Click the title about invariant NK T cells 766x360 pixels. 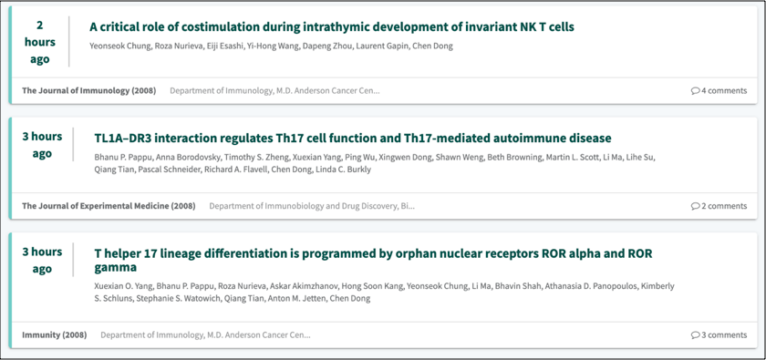(x=332, y=26)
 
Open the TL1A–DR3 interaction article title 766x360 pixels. (x=353, y=139)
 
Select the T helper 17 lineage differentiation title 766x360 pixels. (x=373, y=261)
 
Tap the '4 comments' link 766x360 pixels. (x=719, y=90)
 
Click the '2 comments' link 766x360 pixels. (x=719, y=206)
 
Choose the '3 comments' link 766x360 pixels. (x=719, y=334)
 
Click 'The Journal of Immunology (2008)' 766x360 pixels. (x=89, y=90)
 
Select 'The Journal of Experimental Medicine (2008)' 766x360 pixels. (x=109, y=206)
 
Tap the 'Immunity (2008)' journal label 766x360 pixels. (x=54, y=334)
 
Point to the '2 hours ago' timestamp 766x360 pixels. (x=39, y=42)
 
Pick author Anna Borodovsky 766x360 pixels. (x=159, y=158)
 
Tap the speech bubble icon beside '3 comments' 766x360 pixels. (x=695, y=335)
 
